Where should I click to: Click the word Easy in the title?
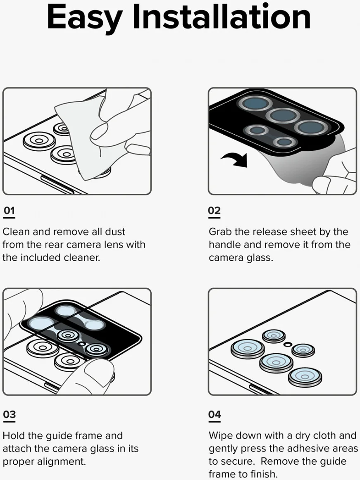pyautogui.click(x=84, y=18)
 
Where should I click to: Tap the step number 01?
pyautogui.click(x=9, y=211)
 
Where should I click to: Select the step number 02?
pyautogui.click(x=214, y=211)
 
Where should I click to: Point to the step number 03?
pyautogui.click(x=9, y=415)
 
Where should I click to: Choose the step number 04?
pyautogui.click(x=215, y=415)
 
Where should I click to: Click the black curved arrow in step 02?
pyautogui.click(x=234, y=158)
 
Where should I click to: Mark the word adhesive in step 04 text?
pyautogui.click(x=299, y=449)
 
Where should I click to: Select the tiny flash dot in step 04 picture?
pyautogui.click(x=287, y=343)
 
